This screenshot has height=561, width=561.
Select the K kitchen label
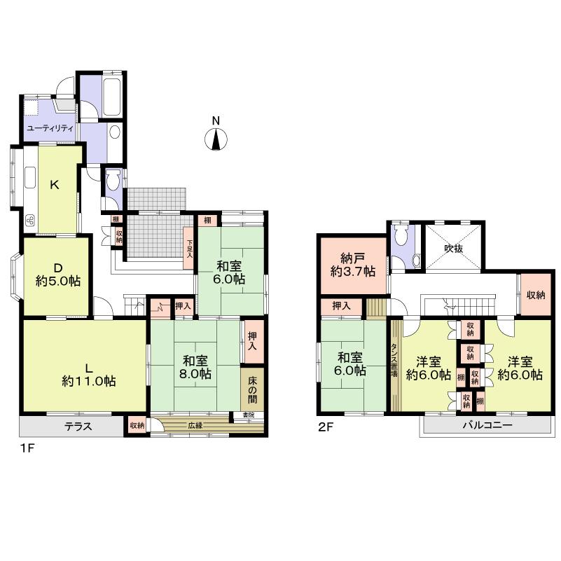pyautogui.click(x=54, y=185)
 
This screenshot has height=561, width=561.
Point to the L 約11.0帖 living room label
pyautogui.click(x=88, y=374)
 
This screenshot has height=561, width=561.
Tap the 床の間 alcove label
pyautogui.click(x=253, y=389)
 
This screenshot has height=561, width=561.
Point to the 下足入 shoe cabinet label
pyautogui.click(x=189, y=250)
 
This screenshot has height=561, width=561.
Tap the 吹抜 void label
pyautogui.click(x=454, y=247)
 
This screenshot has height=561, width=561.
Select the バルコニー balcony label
pyautogui.click(x=487, y=426)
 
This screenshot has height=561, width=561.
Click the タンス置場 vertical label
pyautogui.click(x=396, y=365)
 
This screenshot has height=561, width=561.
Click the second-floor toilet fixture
pyautogui.click(x=401, y=235)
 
